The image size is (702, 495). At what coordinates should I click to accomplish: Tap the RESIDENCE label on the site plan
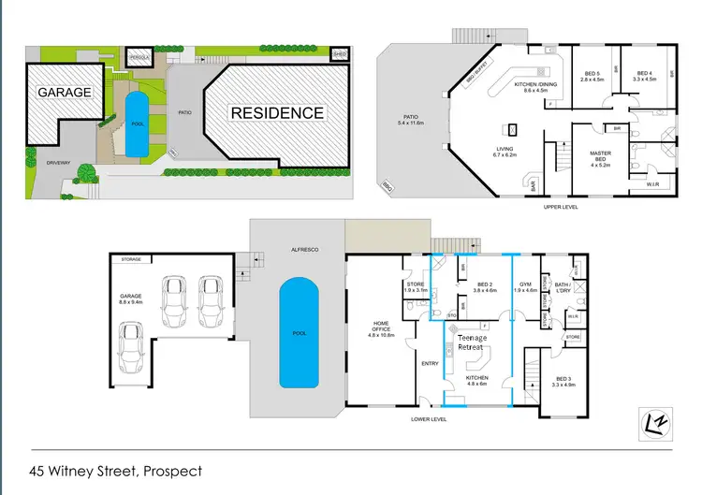pos(277,113)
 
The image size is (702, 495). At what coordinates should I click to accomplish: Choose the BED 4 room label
pos(645,77)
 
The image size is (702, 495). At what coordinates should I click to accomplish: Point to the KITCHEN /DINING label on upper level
pos(536,87)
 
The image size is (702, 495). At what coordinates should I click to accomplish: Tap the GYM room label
pos(526,287)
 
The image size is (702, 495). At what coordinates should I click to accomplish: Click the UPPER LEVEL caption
pos(561,207)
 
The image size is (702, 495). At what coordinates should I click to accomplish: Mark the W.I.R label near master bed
pos(652,183)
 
